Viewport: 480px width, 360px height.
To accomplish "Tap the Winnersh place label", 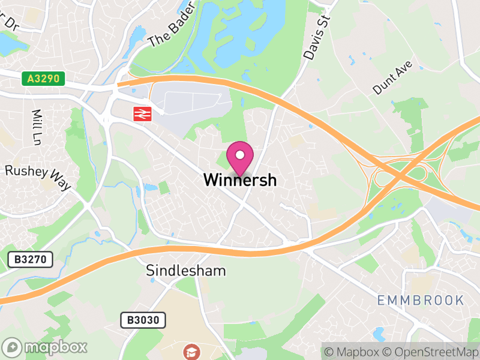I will (x=240, y=179).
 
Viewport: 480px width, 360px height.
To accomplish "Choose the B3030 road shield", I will (x=143, y=320).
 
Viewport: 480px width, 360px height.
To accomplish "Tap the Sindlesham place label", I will (x=186, y=271).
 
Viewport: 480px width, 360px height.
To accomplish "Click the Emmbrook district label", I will (x=421, y=300).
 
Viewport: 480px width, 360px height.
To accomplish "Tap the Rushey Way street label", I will (x=38, y=177).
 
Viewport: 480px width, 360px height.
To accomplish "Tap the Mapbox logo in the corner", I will (x=46, y=347).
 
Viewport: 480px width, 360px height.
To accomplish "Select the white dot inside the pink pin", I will (x=240, y=155).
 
